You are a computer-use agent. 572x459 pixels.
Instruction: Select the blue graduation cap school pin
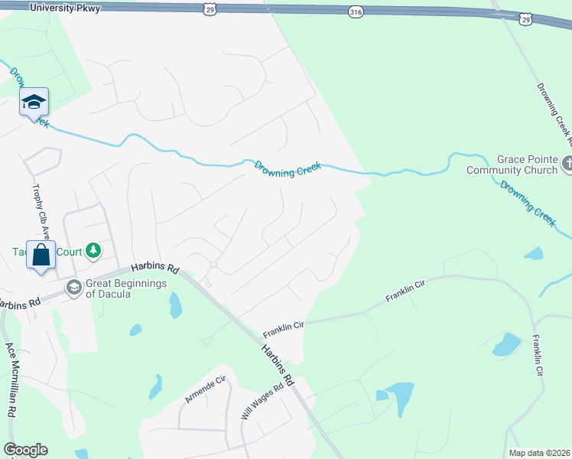(x=34, y=103)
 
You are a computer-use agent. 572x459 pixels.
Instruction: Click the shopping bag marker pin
(x=41, y=254)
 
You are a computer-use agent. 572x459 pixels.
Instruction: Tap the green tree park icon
(x=93, y=250)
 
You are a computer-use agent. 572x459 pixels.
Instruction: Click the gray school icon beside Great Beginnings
(x=73, y=288)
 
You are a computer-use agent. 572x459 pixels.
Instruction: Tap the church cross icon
(x=567, y=163)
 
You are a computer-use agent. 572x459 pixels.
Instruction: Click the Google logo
(x=25, y=450)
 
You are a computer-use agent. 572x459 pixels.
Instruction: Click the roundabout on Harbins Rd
(x=213, y=265)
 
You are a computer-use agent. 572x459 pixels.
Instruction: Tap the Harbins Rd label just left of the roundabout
(x=154, y=269)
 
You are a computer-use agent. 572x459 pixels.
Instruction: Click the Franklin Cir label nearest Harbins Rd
(x=284, y=330)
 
